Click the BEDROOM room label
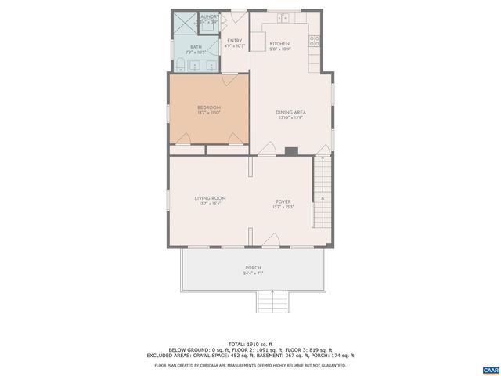tap(208, 107)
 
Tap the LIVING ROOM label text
tap(211, 198)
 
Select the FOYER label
tap(282, 202)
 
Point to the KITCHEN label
tap(279, 44)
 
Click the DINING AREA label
tap(290, 113)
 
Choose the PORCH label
tap(253, 268)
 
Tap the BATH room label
tap(184, 47)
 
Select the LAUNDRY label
tap(209, 16)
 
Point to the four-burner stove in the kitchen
tap(315, 41)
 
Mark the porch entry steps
tap(273, 302)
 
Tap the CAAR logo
tap(490, 368)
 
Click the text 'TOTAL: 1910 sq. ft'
tap(251, 344)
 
